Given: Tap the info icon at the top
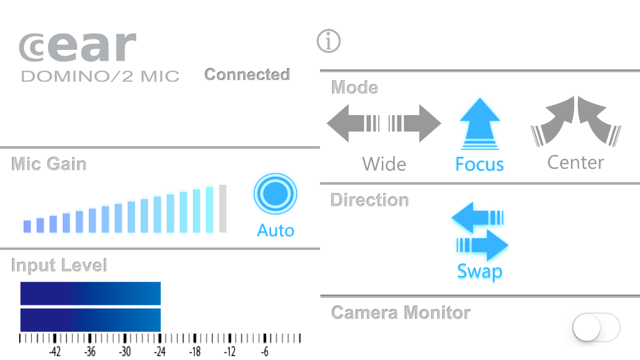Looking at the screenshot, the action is tap(329, 41).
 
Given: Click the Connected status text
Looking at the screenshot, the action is tap(247, 74).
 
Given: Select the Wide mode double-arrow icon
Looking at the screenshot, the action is tap(384, 123).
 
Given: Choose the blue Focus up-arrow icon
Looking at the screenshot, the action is tap(480, 123).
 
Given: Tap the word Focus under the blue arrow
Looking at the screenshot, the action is tap(479, 164).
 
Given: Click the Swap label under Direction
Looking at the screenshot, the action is tap(480, 271).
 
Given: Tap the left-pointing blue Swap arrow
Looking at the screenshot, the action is tap(477, 217).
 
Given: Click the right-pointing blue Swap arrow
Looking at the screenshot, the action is tap(482, 245).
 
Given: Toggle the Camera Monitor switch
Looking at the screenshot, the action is tap(596, 327).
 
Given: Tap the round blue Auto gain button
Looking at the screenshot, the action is tap(275, 194).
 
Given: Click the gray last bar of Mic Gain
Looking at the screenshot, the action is tap(223, 208).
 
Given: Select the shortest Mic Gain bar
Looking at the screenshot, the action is tap(27, 227).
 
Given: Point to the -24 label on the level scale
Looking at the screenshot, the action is tap(160, 351).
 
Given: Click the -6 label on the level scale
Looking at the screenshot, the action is tap(264, 351).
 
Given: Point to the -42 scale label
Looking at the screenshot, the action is tap(55, 351).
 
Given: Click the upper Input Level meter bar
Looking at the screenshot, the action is tap(91, 293).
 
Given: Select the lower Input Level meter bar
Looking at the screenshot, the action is tap(91, 320).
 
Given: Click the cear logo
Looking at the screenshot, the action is tap(78, 47).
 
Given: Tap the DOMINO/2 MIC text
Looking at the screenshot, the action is tap(100, 76).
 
